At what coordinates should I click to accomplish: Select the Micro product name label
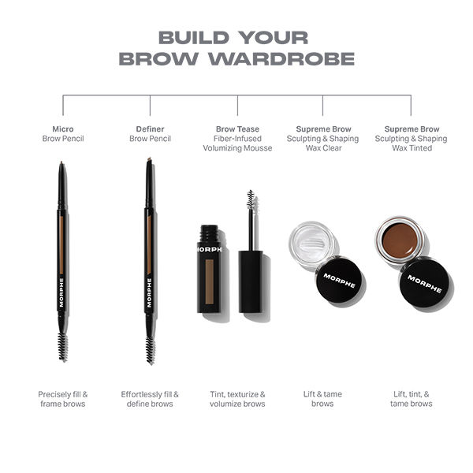[63, 128]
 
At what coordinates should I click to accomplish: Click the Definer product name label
[150, 128]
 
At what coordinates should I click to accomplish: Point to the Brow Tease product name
[237, 128]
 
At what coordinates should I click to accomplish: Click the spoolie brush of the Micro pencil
[62, 345]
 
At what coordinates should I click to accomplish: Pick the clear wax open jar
[313, 243]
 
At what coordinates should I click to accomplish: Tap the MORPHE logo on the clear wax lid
[339, 281]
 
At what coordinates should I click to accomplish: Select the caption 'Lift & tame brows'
[322, 399]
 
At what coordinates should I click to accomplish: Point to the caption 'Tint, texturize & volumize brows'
[237, 399]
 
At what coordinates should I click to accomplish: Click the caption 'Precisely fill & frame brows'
[63, 399]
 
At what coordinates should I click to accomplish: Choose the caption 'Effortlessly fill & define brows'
[150, 399]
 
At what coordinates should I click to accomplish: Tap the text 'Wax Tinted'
[411, 148]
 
